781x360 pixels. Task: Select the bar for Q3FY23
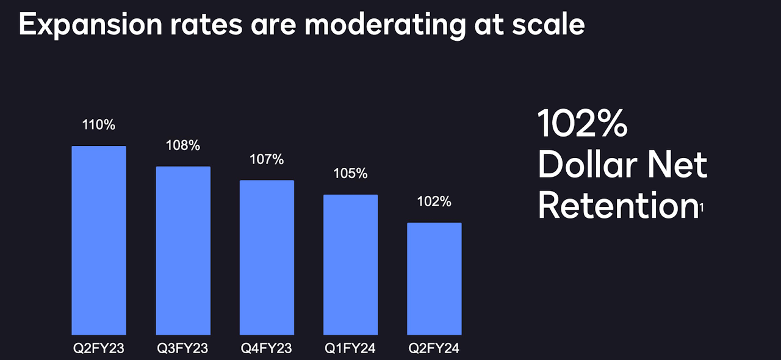pyautogui.click(x=183, y=250)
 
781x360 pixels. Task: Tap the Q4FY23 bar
pyautogui.click(x=267, y=257)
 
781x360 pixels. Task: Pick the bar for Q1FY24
pyautogui.click(x=350, y=264)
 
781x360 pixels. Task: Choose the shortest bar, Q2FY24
pyautogui.click(x=434, y=278)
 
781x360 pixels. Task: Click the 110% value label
pyautogui.click(x=99, y=125)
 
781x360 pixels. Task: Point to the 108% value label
pyautogui.click(x=183, y=146)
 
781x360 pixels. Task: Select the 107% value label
pyautogui.click(x=267, y=159)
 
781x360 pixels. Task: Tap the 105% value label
pyautogui.click(x=350, y=173)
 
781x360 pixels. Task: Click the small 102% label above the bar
pyautogui.click(x=434, y=201)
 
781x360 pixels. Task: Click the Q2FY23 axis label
pyautogui.click(x=99, y=349)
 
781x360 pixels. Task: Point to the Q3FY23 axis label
pyautogui.click(x=183, y=349)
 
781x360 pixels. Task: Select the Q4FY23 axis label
pyautogui.click(x=267, y=349)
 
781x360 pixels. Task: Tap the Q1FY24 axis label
pyautogui.click(x=350, y=349)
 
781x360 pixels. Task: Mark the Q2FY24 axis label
pyautogui.click(x=434, y=349)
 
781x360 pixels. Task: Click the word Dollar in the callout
pyautogui.click(x=584, y=164)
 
